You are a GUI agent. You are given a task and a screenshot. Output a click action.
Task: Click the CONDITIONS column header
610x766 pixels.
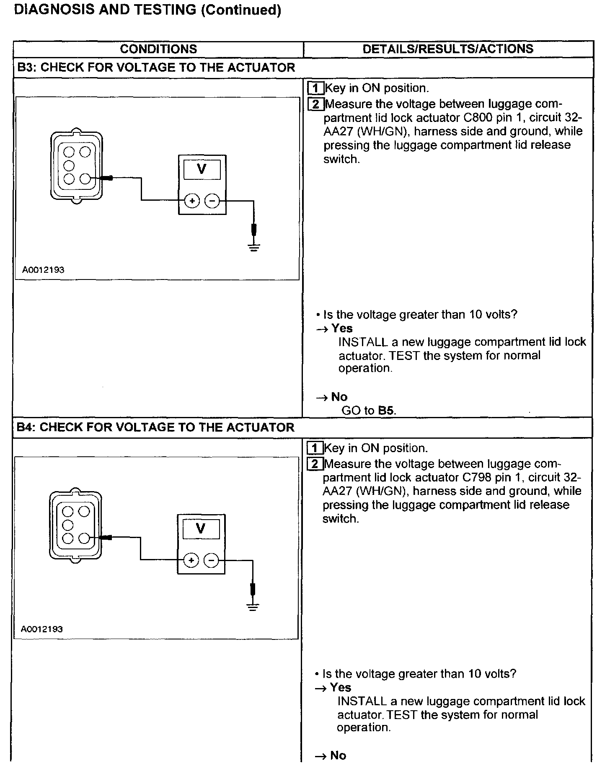tap(158, 49)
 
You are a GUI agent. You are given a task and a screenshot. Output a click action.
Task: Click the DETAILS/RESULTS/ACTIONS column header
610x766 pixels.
tap(448, 49)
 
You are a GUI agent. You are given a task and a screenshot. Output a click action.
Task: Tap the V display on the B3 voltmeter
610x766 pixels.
tap(202, 169)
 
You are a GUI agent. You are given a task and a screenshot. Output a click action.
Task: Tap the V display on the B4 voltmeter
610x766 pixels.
tap(201, 529)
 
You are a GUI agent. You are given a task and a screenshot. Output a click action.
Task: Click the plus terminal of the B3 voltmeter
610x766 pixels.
tap(192, 201)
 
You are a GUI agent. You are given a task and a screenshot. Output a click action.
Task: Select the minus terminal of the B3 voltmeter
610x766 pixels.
tap(212, 201)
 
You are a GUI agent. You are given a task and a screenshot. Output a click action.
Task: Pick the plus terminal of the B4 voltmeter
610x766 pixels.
tap(191, 560)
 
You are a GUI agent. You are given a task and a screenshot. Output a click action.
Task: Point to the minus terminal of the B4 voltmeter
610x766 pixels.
tap(211, 560)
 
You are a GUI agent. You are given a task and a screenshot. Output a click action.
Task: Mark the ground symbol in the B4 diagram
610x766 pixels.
tap(253, 606)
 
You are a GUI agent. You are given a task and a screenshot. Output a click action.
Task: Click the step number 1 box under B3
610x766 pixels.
tap(315, 88)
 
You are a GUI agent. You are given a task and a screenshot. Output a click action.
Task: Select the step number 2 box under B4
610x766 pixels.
tap(315, 464)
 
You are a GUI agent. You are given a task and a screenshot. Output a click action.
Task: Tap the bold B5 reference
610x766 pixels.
tap(386, 410)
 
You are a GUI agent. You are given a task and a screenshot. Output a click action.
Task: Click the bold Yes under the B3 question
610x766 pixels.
tap(342, 329)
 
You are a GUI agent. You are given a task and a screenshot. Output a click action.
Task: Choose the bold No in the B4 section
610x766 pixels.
tap(338, 755)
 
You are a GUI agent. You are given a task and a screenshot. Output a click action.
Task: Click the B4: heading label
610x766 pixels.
tap(26, 427)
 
